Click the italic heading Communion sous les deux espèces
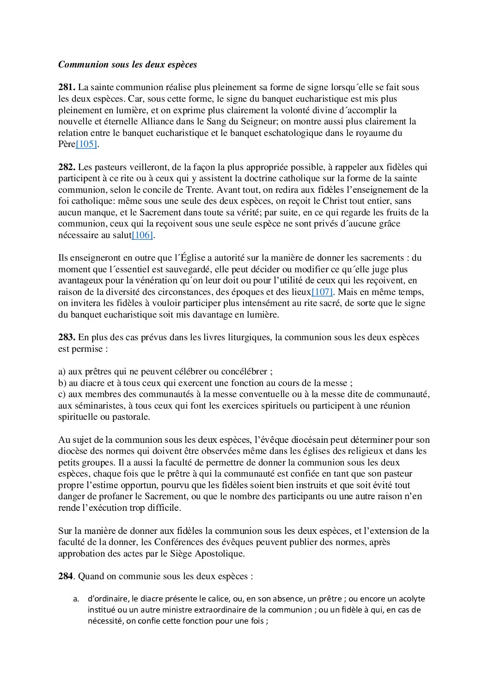coord(128,65)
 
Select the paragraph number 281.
coord(67,87)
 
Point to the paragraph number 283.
coord(67,337)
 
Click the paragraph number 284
coord(66,576)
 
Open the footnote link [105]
coord(86,144)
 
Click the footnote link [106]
coord(142,235)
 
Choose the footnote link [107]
coord(322,292)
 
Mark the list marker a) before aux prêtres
coord(62,372)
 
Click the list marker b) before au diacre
coord(62,383)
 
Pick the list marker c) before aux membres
coord(62,394)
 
